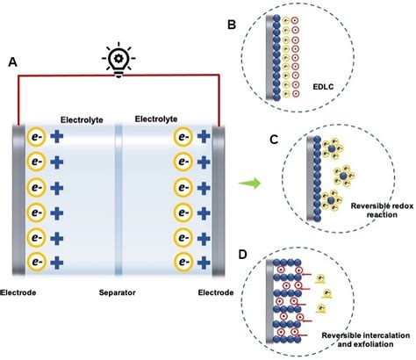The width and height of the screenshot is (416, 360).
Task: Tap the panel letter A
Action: point(13,62)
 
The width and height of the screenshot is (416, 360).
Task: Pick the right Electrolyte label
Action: point(157,118)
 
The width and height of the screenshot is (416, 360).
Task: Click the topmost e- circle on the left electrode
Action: point(36,137)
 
